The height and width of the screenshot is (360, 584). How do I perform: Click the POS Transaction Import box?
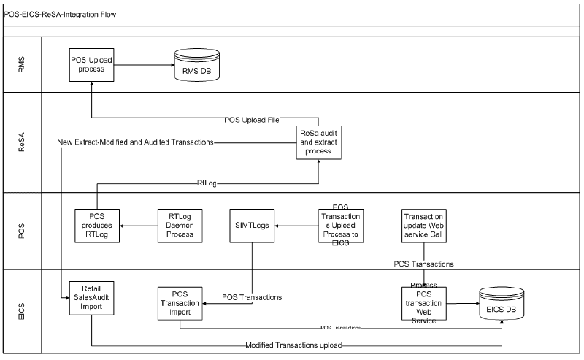point(179,302)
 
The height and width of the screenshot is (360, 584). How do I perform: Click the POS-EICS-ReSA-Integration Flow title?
point(58,15)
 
